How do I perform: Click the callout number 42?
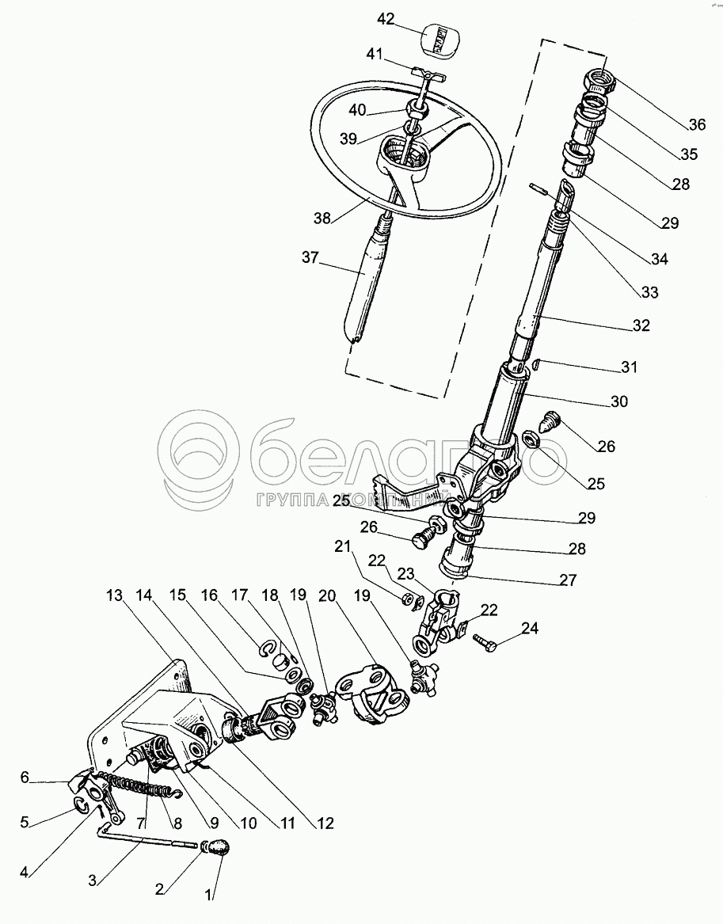click(386, 20)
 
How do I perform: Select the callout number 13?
click(116, 594)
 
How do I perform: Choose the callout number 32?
click(641, 325)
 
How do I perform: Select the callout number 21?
click(341, 546)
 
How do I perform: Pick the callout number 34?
click(659, 259)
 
